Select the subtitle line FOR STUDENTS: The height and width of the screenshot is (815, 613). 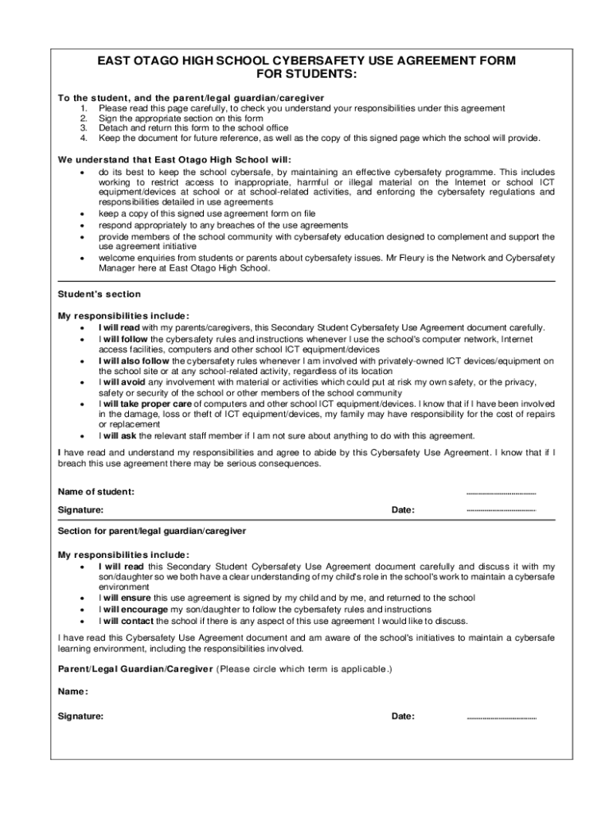[306, 75]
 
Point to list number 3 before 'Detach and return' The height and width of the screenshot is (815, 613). [84, 127]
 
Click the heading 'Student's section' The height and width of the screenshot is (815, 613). [99, 294]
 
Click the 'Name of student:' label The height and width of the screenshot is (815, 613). [96, 492]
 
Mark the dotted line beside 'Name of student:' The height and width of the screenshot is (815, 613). [501, 493]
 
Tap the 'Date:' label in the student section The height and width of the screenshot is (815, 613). [403, 510]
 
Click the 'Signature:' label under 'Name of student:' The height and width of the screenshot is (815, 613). [80, 510]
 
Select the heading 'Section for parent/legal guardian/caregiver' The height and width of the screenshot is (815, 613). [152, 531]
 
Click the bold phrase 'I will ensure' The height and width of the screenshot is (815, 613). [125, 598]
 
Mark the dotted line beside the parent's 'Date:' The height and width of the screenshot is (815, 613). [501, 717]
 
